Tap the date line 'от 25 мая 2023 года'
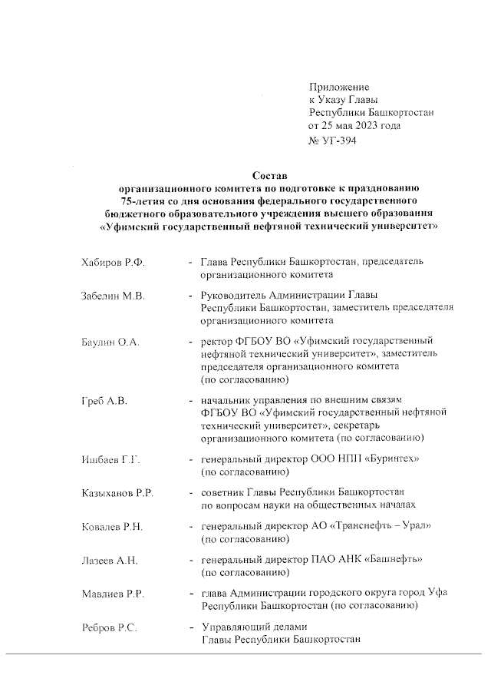[354, 125]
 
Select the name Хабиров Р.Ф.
[113, 263]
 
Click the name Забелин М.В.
[113, 296]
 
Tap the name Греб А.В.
[104, 401]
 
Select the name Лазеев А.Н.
[110, 560]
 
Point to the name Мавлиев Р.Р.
[113, 594]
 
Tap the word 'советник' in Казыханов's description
[222, 492]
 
